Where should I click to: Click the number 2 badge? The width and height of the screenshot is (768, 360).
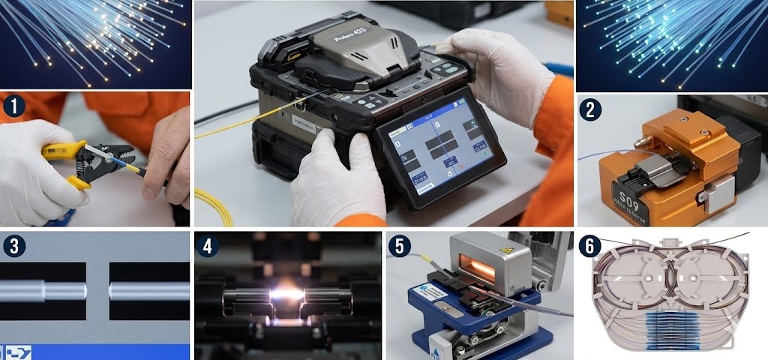[x=590, y=109]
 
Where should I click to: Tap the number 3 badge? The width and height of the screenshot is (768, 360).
[x=13, y=245]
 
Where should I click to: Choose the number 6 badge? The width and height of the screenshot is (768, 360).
[x=590, y=245]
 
